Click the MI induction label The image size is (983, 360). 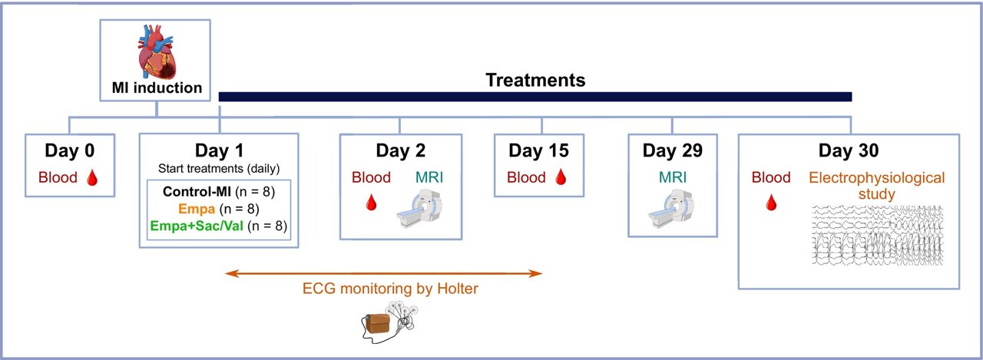(157, 88)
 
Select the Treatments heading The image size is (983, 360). (535, 80)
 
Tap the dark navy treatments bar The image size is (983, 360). (535, 97)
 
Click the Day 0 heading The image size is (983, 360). (69, 151)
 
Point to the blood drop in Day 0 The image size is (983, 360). (92, 179)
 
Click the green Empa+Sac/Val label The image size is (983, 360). (195, 225)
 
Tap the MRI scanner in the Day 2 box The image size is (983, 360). (418, 210)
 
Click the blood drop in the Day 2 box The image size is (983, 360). (371, 203)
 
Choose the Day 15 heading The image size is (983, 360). (543, 151)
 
